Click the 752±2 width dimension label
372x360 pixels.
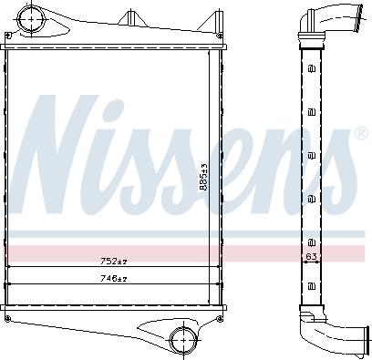[114, 262]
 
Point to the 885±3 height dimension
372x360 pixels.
[204, 174]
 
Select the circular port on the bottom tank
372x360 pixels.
[181, 340]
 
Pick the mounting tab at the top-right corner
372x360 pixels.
[216, 20]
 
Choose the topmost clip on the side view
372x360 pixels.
[312, 67]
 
